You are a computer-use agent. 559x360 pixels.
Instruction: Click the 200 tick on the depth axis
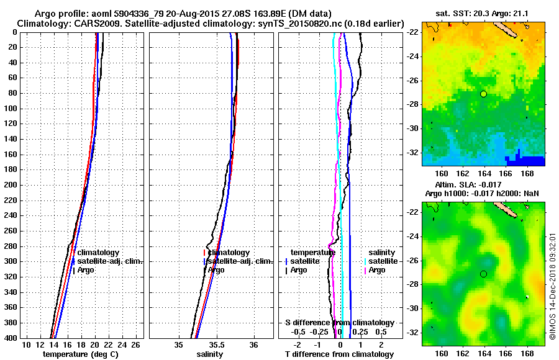pyautogui.click(x=10, y=185)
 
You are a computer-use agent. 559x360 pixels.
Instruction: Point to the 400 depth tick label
pyautogui.click(x=10, y=338)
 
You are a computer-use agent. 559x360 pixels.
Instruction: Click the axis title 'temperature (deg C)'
pyautogui.click(x=80, y=354)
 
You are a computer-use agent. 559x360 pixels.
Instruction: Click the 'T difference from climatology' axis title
pyautogui.click(x=339, y=354)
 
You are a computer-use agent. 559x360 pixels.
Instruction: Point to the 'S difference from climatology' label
pyautogui.click(x=339, y=323)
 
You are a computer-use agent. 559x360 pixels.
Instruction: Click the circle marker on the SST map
pyautogui.click(x=483, y=94)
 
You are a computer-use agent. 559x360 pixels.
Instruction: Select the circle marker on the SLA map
pyautogui.click(x=483, y=274)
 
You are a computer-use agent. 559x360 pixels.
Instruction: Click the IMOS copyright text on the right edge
pyautogui.click(x=552, y=286)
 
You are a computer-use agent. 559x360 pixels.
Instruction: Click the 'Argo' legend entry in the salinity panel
pyautogui.click(x=217, y=270)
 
